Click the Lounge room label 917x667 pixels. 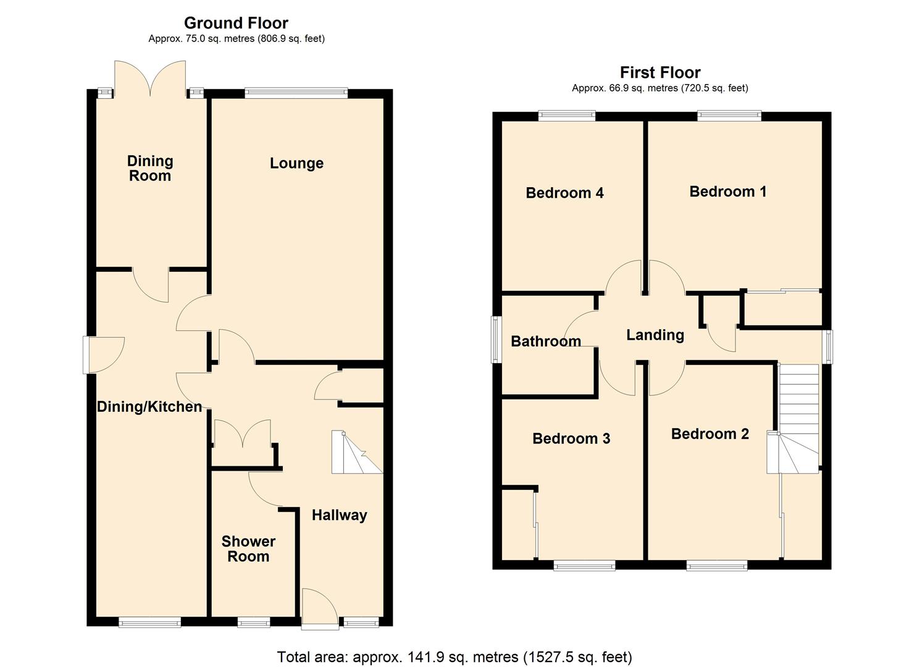click(296, 163)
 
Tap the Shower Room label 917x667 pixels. click(248, 548)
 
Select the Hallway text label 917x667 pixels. click(339, 515)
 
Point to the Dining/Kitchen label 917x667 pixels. click(149, 406)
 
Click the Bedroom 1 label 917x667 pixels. click(727, 191)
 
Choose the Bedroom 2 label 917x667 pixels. click(710, 434)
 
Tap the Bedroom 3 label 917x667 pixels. click(571, 438)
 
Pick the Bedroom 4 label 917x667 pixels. click(564, 193)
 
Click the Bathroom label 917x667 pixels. click(546, 341)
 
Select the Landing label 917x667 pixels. click(655, 335)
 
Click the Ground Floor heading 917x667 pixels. click(236, 23)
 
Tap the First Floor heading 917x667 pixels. click(660, 72)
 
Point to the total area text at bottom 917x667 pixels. click(454, 657)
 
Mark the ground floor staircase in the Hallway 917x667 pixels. click(356, 453)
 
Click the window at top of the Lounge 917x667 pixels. click(296, 93)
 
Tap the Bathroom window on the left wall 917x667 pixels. click(495, 340)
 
